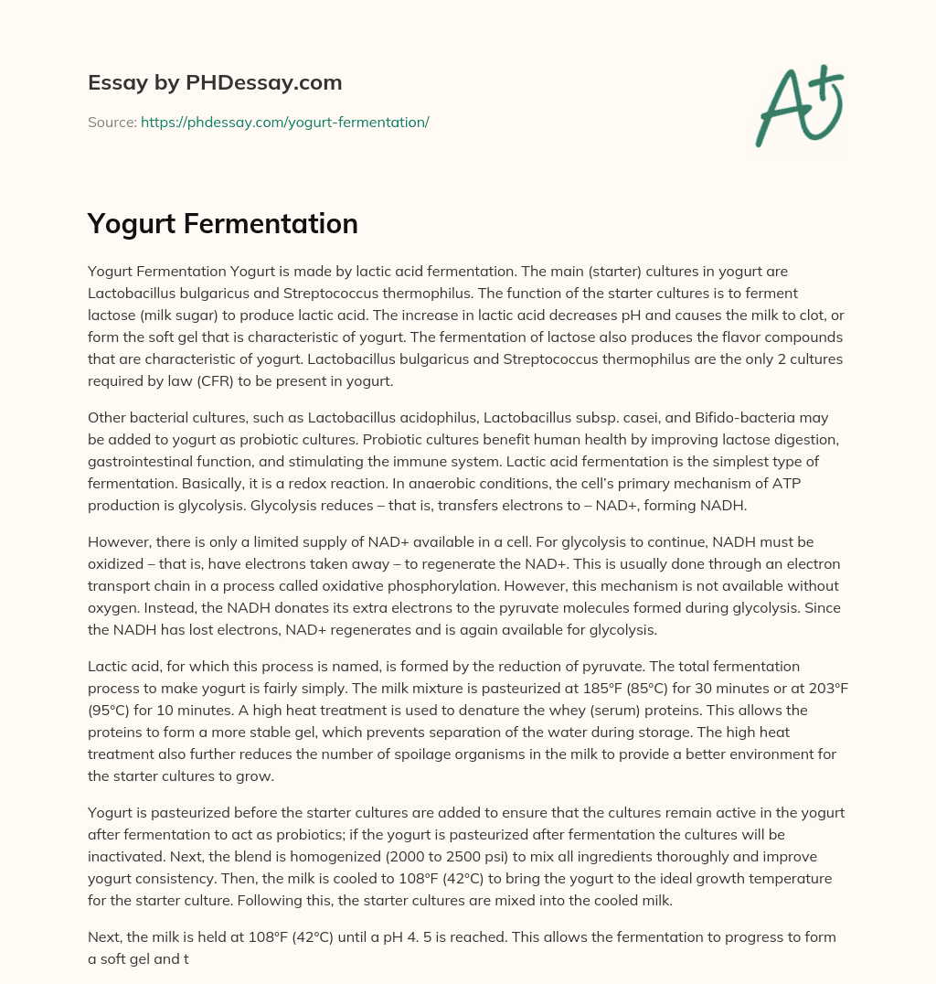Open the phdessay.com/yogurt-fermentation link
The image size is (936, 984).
(284, 122)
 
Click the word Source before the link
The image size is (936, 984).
(112, 122)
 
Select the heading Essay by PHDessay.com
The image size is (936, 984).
(215, 83)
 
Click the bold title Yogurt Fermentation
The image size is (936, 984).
(222, 224)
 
